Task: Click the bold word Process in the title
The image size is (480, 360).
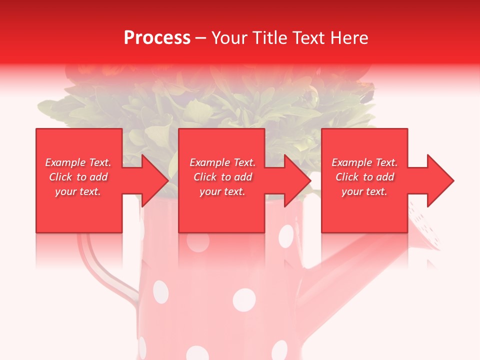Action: pos(157,38)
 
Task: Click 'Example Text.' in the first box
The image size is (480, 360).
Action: pos(78,162)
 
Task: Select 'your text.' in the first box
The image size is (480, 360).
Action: pos(78,191)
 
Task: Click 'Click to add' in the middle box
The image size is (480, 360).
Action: pos(222,177)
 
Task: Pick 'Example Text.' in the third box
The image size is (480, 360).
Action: pos(364,162)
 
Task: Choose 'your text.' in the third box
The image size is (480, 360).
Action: pos(364,191)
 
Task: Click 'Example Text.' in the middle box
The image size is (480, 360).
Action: pos(222,162)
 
